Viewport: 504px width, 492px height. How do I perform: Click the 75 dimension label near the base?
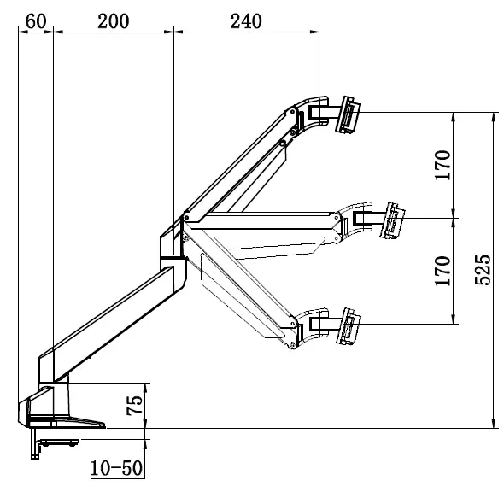[135, 405]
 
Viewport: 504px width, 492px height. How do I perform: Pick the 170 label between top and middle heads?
[442, 165]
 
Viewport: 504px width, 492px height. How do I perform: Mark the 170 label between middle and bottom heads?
[442, 271]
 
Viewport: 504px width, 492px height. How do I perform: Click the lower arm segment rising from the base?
[111, 316]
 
